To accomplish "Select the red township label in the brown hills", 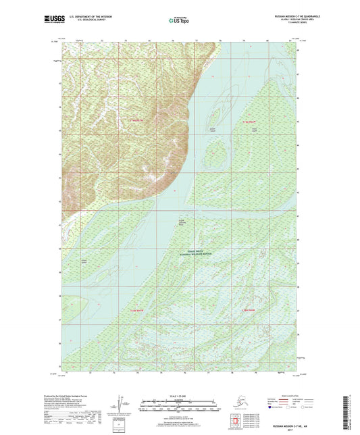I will (x=137, y=120).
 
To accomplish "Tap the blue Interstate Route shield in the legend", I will (x=271, y=408).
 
